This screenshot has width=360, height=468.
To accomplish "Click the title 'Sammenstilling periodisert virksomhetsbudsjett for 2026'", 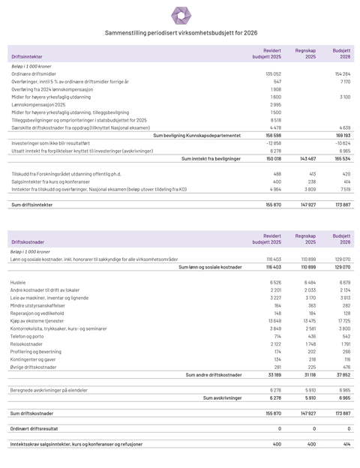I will [181, 33].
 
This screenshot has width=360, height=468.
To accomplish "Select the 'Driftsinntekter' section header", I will [27, 56].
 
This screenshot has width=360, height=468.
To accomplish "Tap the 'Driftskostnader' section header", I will [28, 242].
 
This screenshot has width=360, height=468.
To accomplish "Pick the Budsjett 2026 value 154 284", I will [342, 73].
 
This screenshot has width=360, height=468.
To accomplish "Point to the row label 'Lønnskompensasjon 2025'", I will [38, 104].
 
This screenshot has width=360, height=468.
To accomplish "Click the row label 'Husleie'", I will [19, 282].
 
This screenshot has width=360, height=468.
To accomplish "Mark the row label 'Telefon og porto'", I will [28, 335].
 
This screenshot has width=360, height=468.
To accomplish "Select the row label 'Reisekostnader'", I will [28, 343].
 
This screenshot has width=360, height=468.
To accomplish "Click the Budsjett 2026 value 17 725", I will [343, 320].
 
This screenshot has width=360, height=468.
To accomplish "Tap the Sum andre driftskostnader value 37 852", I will [342, 374].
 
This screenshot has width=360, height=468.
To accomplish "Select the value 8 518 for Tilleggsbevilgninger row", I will [275, 119].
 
